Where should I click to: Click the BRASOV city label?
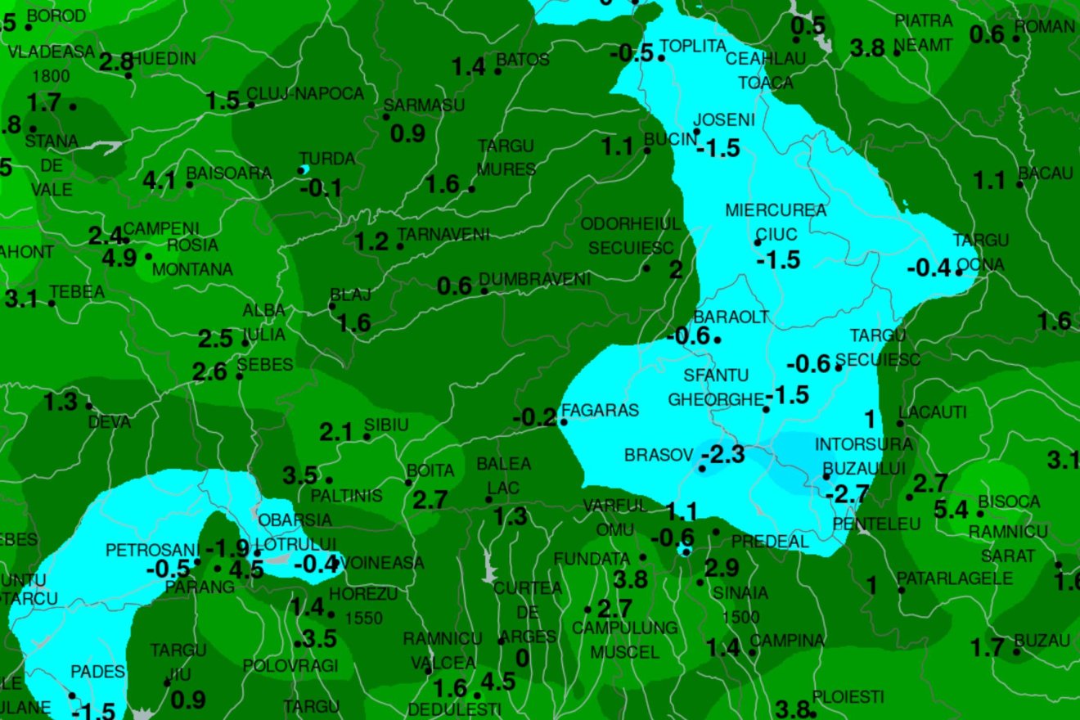tap(659, 455)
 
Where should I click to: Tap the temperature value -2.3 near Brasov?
tap(723, 454)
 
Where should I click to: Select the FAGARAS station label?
tap(601, 411)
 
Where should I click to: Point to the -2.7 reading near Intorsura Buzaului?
tap(847, 494)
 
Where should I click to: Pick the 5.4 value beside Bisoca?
tap(951, 511)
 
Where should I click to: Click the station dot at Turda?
tap(304, 169)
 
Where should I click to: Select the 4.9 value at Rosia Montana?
tap(119, 259)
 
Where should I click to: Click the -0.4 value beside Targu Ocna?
tap(929, 268)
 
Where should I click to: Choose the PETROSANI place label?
tap(152, 550)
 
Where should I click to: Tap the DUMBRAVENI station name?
tap(535, 280)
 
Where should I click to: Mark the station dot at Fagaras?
tap(563, 422)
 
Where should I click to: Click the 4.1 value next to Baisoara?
tap(160, 180)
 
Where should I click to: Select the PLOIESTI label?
tap(848, 697)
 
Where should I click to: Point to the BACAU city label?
tap(1045, 173)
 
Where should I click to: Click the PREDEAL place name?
tap(770, 542)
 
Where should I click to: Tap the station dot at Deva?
tap(89, 406)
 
